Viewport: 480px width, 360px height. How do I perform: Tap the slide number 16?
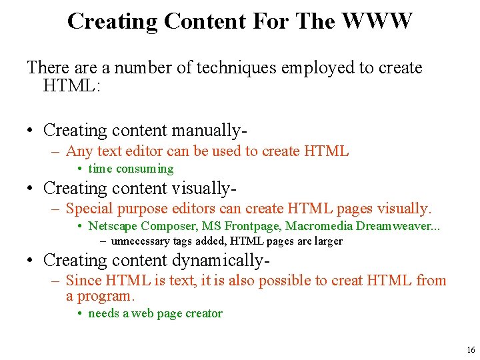point(471,350)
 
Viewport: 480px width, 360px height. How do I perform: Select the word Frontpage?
point(254,227)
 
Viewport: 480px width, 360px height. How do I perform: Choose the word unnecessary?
point(137,241)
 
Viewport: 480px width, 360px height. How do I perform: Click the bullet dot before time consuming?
point(79,169)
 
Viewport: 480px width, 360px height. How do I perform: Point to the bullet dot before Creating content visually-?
point(31,189)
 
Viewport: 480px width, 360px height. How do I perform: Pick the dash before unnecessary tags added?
point(103,241)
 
